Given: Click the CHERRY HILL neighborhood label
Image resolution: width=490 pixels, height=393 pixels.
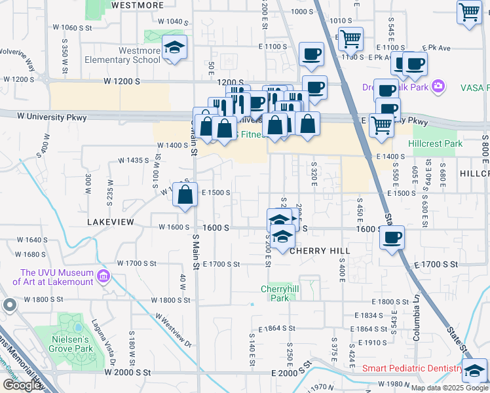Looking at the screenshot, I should point(320,251).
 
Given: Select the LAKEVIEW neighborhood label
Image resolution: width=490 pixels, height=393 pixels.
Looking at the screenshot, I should point(111,223).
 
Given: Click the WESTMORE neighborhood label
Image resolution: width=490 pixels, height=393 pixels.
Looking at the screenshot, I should point(138,5).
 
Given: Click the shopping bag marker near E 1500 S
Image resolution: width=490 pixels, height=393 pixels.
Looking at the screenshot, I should point(185,194).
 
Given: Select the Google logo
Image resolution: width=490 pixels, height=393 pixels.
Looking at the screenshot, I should point(22,385).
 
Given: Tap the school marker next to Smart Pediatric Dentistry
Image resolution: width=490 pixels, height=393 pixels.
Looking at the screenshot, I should point(474,371).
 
